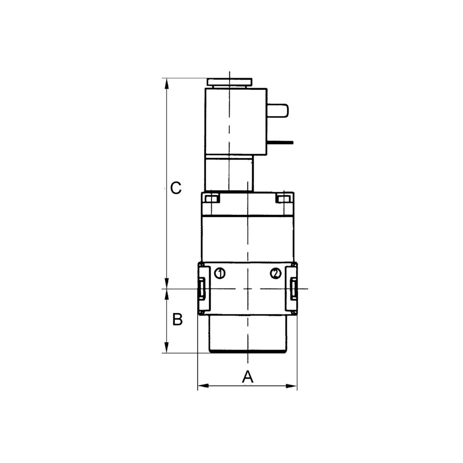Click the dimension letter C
pyautogui.click(x=176, y=188)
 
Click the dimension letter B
pyautogui.click(x=178, y=320)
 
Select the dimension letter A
pyautogui.click(x=247, y=377)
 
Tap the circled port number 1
pyautogui.click(x=220, y=273)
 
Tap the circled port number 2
pyautogui.click(x=275, y=273)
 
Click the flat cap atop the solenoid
pyautogui.click(x=229, y=82)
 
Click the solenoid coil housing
pyautogui.click(x=236, y=121)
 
